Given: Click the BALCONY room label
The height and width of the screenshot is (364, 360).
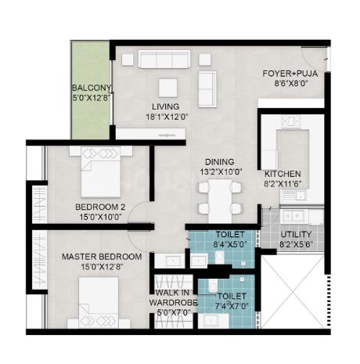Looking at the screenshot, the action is pyautogui.click(x=92, y=88).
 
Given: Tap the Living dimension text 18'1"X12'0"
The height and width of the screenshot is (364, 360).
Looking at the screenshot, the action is pyautogui.click(x=167, y=117).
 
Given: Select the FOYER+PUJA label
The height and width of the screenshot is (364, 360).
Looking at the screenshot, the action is pyautogui.click(x=290, y=74).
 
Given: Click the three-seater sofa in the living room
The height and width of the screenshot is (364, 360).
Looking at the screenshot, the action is pyautogui.click(x=164, y=59).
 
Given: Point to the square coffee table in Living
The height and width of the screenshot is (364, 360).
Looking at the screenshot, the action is pyautogui.click(x=167, y=88).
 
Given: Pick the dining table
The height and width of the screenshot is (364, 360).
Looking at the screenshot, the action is pyautogui.click(x=220, y=200).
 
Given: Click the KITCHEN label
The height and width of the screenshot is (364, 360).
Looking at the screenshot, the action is pyautogui.click(x=283, y=174).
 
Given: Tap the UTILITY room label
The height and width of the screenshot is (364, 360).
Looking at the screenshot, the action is pyautogui.click(x=296, y=234).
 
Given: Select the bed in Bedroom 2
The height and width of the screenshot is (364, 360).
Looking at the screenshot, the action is pyautogui.click(x=101, y=171).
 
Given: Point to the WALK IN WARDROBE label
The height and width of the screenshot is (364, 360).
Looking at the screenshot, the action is pyautogui.click(x=173, y=297).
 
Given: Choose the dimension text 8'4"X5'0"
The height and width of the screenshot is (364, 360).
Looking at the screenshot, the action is pyautogui.click(x=230, y=244).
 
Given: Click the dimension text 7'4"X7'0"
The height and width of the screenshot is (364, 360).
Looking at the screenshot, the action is pyautogui.click(x=232, y=305).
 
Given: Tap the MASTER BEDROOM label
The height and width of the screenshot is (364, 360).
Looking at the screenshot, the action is pyautogui.click(x=102, y=257).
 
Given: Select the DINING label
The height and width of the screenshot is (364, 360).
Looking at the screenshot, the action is pyautogui.click(x=220, y=162).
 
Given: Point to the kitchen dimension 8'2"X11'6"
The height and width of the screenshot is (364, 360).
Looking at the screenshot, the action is pyautogui.click(x=283, y=184).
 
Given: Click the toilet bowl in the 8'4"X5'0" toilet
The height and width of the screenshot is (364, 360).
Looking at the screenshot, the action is pyautogui.click(x=220, y=257).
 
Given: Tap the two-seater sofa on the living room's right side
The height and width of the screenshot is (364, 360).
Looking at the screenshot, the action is pyautogui.click(x=207, y=89).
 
